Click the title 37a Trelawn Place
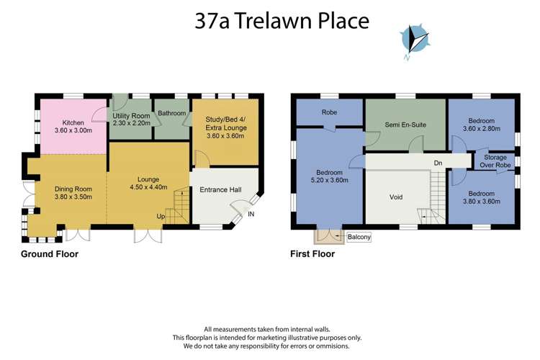(x=282, y=20)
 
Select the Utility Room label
(x=130, y=120)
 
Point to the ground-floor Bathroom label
(x=172, y=114)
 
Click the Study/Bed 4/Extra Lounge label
(x=226, y=127)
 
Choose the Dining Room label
(x=73, y=192)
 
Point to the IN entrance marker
(x=251, y=215)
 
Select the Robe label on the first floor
(x=330, y=112)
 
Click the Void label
(x=395, y=197)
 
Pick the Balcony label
(x=359, y=235)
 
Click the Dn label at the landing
(x=438, y=163)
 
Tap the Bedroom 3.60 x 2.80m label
(x=481, y=125)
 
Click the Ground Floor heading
(x=50, y=253)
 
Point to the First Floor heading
(x=312, y=253)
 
